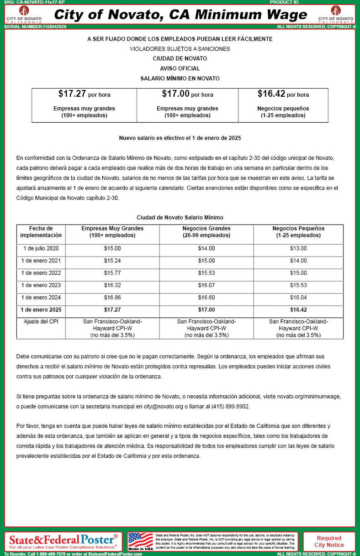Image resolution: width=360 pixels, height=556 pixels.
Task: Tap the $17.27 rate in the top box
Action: pos(72,94)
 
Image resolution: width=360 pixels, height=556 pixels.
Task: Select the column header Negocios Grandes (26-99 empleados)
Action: pos(206,232)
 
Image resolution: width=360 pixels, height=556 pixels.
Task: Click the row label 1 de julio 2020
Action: pos(41,249)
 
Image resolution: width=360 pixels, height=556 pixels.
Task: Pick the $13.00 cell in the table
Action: pos(298,249)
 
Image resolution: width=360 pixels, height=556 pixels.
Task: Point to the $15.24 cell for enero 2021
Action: pos(112,261)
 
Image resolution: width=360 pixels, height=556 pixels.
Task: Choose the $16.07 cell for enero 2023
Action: pos(206,285)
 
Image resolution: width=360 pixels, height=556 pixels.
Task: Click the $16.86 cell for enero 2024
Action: pos(112,297)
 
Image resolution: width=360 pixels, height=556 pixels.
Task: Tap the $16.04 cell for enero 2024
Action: pos(298,297)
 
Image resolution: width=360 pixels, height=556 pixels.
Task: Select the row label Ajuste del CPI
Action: pos(41,321)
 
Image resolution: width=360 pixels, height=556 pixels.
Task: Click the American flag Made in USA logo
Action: pos(140,541)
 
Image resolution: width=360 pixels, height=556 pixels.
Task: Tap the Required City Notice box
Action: pos(329,541)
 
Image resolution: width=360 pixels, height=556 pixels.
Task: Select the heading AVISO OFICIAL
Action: pos(180,68)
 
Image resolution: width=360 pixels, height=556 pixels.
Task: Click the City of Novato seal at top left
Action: pos(23,14)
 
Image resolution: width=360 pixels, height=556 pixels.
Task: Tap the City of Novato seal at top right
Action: pos(336,14)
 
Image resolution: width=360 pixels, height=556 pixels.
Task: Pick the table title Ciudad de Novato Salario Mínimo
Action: pos(180,218)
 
